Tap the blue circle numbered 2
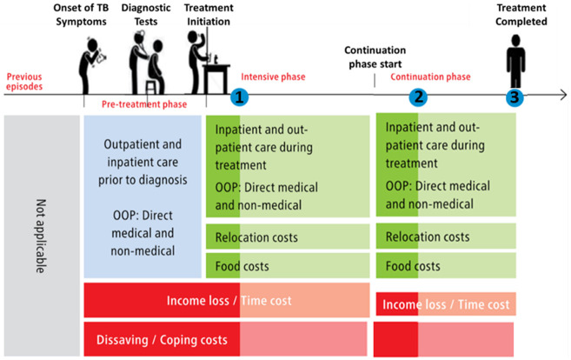coord(419,97)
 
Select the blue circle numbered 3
coord(516,97)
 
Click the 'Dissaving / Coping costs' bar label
coord(162,337)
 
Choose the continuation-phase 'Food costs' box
coord(446,265)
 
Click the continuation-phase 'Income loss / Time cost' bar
coord(446,304)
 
